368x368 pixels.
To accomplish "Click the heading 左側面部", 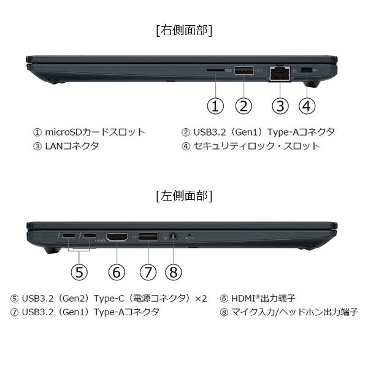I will click(x=185, y=196).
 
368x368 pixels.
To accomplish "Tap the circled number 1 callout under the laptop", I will click(x=215, y=105).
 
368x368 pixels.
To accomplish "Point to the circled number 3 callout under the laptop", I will click(x=280, y=105).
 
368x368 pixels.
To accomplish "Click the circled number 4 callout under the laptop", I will click(x=307, y=105).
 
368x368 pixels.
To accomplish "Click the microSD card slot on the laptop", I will click(x=215, y=71).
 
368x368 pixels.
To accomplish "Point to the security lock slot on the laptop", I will click(x=307, y=70).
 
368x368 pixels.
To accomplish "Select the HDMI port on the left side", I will click(x=117, y=236).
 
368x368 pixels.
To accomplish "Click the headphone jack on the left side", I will click(x=174, y=236).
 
